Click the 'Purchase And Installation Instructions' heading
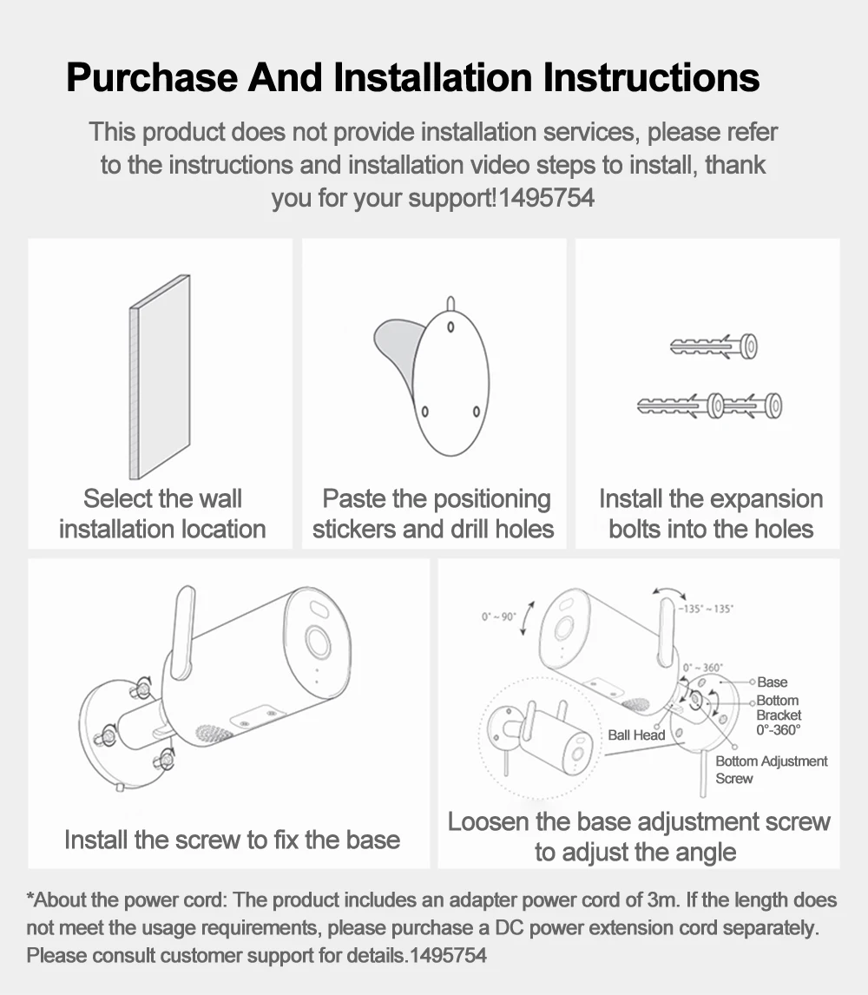[413, 78]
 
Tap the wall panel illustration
[160, 378]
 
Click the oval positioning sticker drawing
[451, 378]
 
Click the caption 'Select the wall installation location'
[162, 514]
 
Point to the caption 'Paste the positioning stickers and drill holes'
[434, 514]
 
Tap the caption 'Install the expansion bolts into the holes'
[710, 514]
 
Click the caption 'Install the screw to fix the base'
[232, 840]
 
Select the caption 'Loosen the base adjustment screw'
[639, 821]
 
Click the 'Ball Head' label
[636, 735]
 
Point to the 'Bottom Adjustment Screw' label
[771, 769]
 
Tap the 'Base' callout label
[772, 682]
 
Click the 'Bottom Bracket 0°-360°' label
[778, 715]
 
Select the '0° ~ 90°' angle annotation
[499, 616]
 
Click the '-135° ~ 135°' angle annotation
[707, 609]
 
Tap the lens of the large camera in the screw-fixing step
[316, 643]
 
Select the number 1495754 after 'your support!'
[547, 198]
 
